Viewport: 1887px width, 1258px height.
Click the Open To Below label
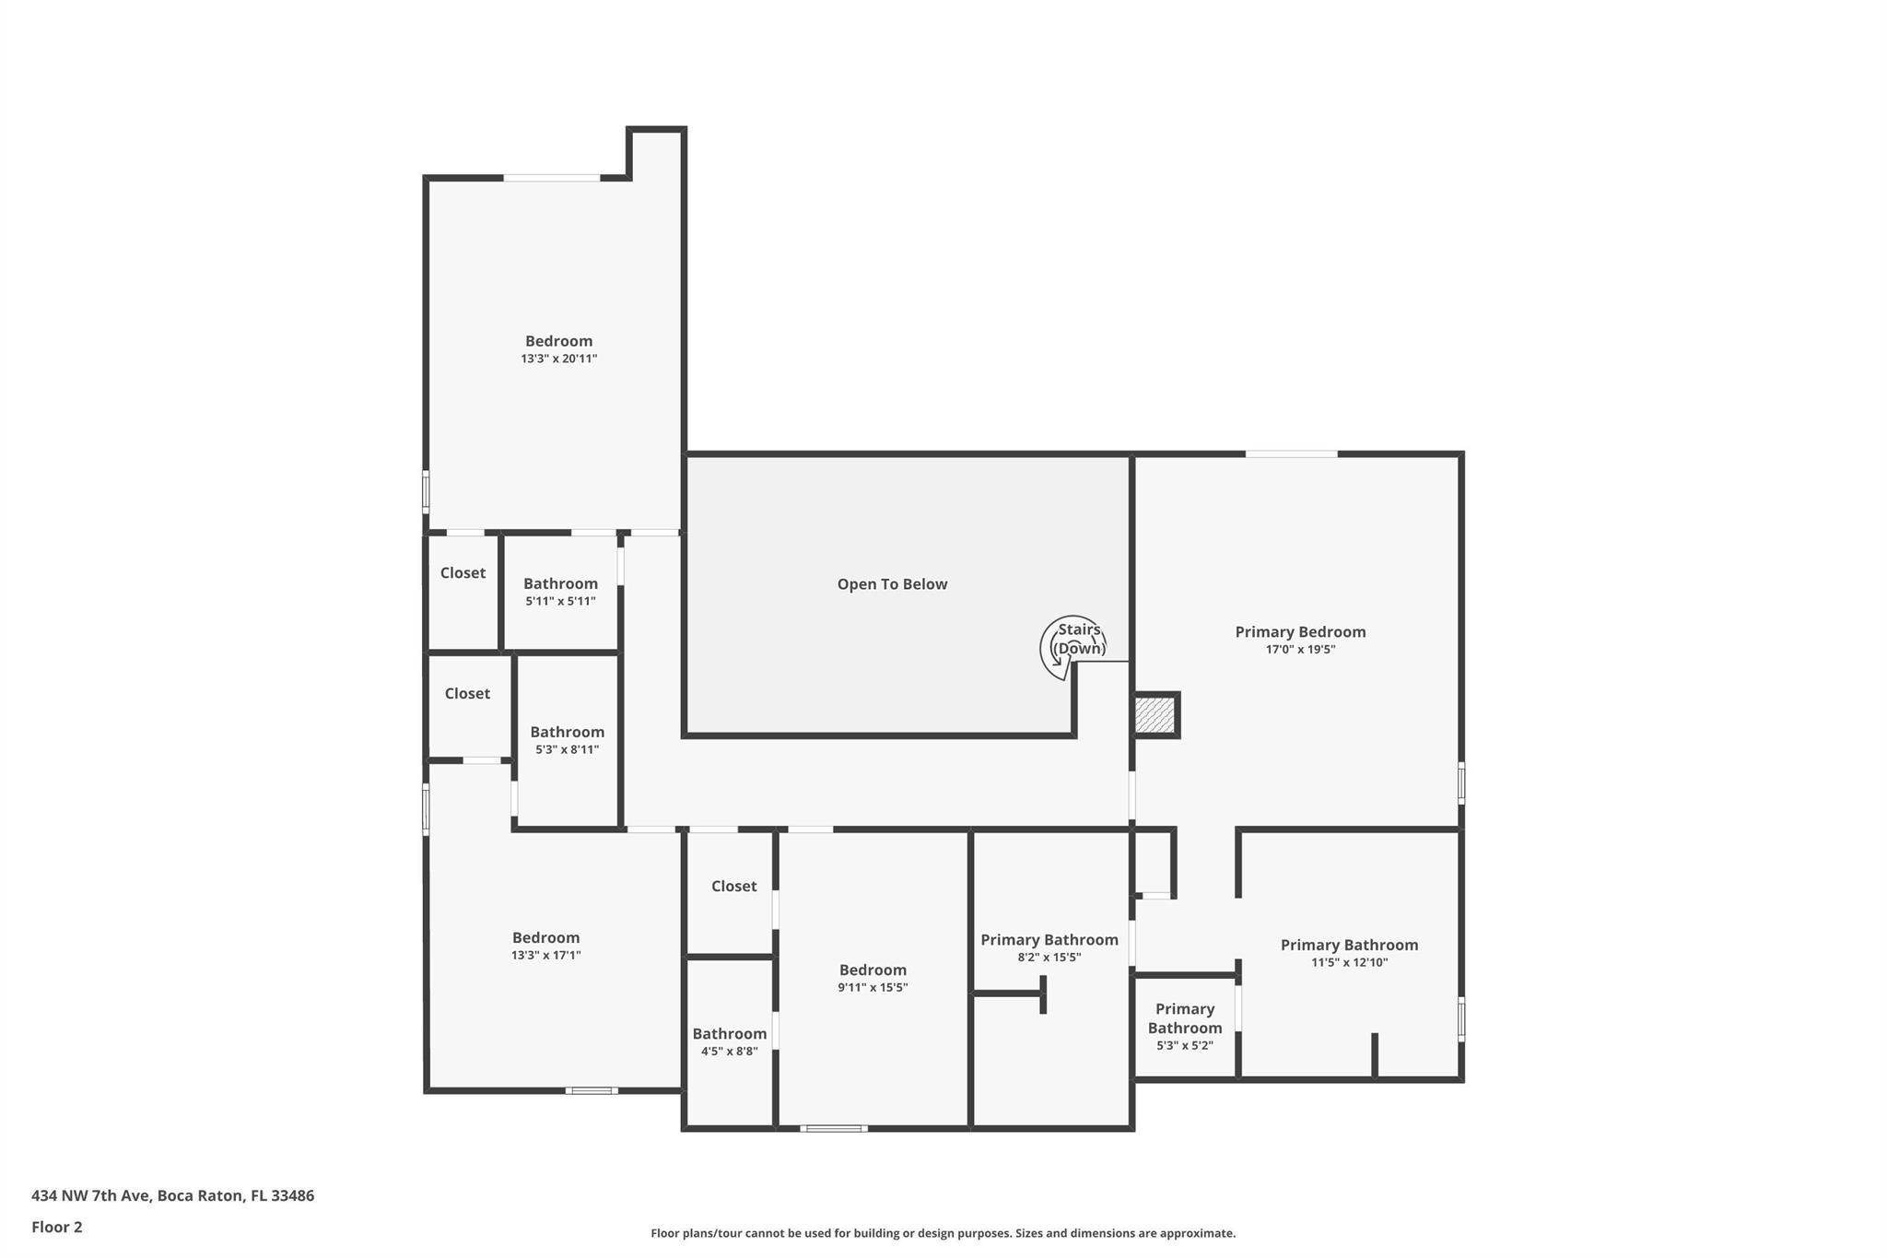(892, 584)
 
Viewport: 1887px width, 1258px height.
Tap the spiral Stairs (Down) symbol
(1072, 647)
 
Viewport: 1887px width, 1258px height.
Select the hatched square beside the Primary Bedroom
(1154, 715)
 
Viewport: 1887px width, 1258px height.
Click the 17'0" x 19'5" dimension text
(1300, 650)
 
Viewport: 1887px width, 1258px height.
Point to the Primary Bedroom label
(1300, 632)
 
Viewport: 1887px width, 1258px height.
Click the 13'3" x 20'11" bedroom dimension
(559, 359)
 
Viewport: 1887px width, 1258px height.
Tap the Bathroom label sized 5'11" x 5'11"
(560, 583)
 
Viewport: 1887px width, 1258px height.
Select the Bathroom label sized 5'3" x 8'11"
(568, 732)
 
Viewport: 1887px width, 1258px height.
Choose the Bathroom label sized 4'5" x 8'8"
(730, 1034)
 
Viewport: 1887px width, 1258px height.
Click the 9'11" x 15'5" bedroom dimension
(873, 988)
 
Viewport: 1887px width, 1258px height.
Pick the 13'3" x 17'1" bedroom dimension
(546, 956)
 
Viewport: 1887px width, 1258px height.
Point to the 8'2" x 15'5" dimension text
(1049, 958)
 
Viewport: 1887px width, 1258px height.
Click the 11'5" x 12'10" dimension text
(1349, 963)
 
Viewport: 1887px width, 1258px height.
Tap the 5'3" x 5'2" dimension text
(1185, 1046)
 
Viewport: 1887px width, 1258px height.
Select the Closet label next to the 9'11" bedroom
(734, 887)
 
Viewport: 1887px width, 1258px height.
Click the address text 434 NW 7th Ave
(89, 1196)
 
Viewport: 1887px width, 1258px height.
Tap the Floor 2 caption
(57, 1228)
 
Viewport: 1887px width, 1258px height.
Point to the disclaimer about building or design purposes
(943, 1233)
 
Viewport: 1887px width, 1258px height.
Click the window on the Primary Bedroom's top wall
(1291, 453)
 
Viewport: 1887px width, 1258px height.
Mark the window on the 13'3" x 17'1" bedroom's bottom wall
(592, 1091)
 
